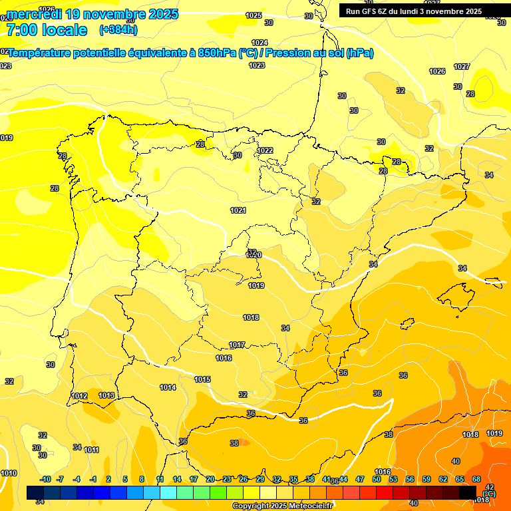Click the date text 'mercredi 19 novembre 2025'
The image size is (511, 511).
tap(92, 14)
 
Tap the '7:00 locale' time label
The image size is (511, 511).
tap(47, 30)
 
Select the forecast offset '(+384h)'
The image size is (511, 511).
tap(118, 30)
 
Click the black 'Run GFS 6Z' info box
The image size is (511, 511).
tap(414, 11)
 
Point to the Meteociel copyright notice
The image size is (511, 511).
tap(282, 506)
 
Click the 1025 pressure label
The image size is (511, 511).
tap(254, 15)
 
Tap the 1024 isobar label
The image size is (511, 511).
tap(259, 43)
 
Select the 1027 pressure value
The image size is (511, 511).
tap(462, 67)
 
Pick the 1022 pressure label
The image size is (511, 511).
tap(265, 150)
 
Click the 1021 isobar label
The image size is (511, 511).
tap(238, 210)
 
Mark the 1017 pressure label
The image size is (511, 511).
tap(237, 345)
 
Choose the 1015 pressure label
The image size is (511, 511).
tap(202, 379)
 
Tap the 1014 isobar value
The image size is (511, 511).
tap(168, 387)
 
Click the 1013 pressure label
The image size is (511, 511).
tap(106, 395)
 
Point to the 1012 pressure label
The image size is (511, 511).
tap(79, 396)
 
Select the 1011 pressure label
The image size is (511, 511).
tap(92, 450)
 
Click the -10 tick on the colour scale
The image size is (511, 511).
tap(45, 479)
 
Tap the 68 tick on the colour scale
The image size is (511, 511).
tap(476, 479)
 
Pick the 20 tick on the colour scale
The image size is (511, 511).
tap(210, 479)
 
